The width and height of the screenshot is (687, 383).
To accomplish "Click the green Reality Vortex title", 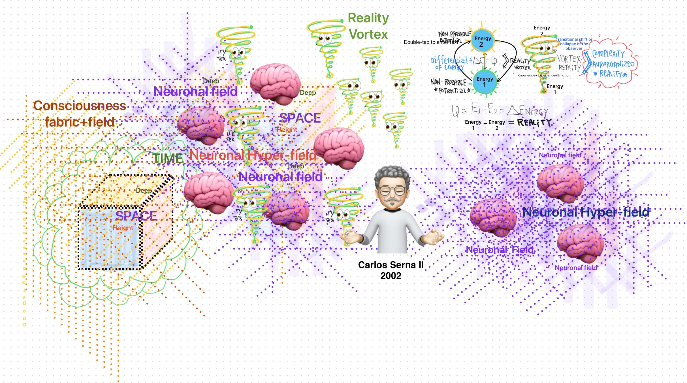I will (368, 26).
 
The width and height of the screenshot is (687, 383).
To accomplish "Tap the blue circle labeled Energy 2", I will (483, 41).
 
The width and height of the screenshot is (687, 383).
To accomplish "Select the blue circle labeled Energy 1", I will (485, 82).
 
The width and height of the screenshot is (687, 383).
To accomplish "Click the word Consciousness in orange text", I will (80, 106).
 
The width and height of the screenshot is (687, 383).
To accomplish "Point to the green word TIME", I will (168, 158).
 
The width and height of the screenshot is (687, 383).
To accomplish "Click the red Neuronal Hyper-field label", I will (253, 155).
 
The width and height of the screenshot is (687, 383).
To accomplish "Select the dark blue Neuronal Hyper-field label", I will (586, 212).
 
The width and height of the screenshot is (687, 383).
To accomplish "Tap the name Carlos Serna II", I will (391, 265).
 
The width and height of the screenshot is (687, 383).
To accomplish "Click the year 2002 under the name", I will (391, 275).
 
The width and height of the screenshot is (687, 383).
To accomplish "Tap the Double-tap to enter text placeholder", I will (430, 42).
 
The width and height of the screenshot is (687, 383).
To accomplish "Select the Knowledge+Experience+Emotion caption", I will (544, 75).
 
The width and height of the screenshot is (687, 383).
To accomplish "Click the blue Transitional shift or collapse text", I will (574, 44).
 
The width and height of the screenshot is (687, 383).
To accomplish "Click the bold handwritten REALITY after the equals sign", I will (534, 123).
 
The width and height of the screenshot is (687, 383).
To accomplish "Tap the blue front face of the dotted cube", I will (110, 238).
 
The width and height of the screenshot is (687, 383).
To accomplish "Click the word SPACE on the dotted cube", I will (136, 216).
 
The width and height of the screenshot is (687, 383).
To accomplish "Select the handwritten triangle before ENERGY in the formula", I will (513, 110).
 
